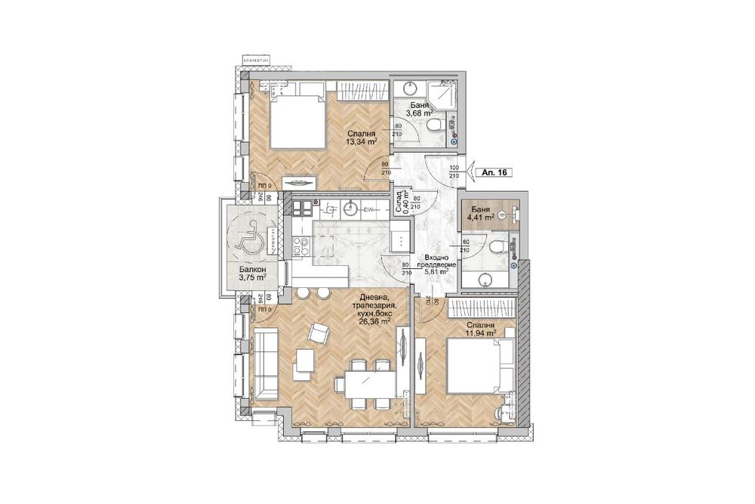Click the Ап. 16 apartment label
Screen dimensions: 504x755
pyautogui.click(x=494, y=172)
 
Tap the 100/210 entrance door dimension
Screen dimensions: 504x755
pyautogui.click(x=454, y=172)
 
